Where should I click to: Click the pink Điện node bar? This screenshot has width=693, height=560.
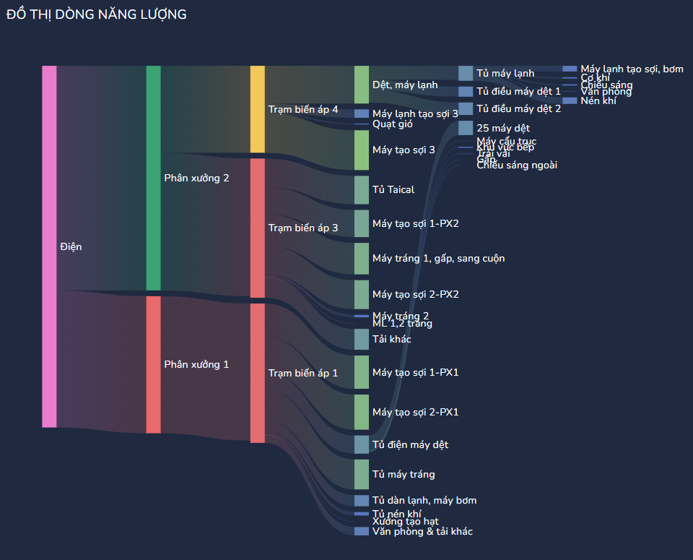(49, 246)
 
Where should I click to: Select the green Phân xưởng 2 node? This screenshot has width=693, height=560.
(153, 178)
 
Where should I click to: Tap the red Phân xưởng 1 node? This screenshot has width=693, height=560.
(153, 364)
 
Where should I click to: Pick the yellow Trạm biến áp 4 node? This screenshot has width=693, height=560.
(257, 109)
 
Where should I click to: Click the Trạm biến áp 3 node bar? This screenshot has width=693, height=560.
(257, 228)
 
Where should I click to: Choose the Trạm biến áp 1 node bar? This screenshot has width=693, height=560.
(257, 373)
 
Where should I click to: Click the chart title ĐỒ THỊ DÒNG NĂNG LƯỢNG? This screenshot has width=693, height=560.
(96, 14)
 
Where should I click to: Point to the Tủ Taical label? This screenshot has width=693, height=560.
(393, 190)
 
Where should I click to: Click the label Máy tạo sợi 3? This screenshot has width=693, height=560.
(404, 150)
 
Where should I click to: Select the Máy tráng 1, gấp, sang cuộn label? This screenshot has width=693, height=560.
(438, 258)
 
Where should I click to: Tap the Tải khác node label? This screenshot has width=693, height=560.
(391, 339)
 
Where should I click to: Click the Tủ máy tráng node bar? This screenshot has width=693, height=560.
(361, 474)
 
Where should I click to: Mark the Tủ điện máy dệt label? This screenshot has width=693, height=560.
(410, 444)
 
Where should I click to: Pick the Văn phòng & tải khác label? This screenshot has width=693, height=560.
(422, 531)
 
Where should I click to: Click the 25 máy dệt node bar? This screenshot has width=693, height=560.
(465, 128)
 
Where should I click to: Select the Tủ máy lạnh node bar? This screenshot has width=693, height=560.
(465, 73)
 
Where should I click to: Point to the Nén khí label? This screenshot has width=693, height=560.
(598, 100)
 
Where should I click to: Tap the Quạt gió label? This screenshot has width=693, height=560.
(393, 124)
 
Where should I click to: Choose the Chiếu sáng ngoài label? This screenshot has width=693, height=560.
(517, 165)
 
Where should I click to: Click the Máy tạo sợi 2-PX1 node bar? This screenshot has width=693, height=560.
(361, 412)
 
